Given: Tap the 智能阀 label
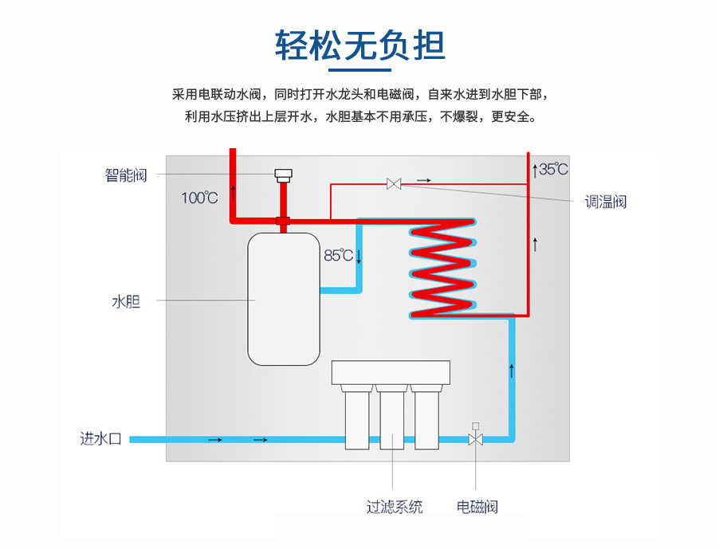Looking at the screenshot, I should [x=126, y=175].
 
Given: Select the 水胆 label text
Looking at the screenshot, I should [x=126, y=301].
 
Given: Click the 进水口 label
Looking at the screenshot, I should [x=100, y=438].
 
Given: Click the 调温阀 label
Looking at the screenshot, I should [x=606, y=202].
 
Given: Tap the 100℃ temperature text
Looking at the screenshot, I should [x=198, y=198].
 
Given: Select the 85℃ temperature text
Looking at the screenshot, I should [x=338, y=256].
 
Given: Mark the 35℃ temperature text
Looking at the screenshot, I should [x=553, y=169].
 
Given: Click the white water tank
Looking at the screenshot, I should [x=283, y=299].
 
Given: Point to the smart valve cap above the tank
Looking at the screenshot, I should [x=283, y=175].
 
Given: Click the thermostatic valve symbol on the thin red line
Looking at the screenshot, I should [x=394, y=184].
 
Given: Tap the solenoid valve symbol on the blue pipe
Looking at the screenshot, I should [x=476, y=437].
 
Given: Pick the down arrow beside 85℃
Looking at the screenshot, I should [x=359, y=257].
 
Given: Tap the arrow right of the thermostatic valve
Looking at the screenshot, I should [x=422, y=181].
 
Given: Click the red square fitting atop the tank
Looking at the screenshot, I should [x=283, y=220].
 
